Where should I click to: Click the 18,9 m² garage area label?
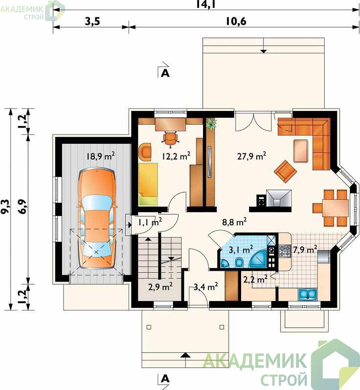[x=101, y=156]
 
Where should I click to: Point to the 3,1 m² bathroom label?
[x=241, y=249]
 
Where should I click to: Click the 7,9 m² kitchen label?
[x=305, y=249]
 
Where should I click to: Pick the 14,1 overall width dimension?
[x=205, y=4]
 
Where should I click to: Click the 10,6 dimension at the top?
[x=236, y=22]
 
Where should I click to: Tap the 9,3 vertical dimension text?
[x=5, y=206]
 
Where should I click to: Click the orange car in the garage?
[x=96, y=219]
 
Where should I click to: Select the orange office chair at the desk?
[x=171, y=138]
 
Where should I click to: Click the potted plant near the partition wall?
[x=211, y=124]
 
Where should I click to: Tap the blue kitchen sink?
[x=308, y=294]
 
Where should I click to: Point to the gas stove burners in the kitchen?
[x=284, y=251]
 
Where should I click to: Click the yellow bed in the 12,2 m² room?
[x=148, y=184]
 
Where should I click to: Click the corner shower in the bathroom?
[x=259, y=259]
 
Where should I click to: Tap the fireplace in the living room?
[x=279, y=198]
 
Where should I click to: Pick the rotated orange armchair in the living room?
[x=286, y=171]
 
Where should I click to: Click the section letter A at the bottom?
[x=165, y=379]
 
